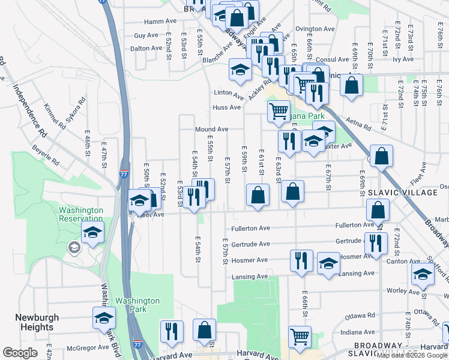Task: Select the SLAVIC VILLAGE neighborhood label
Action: (x=403, y=193)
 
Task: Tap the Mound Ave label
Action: (x=211, y=129)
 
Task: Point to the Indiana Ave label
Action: (x=357, y=332)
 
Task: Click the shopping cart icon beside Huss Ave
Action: (x=279, y=111)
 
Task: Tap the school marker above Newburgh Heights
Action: (x=104, y=317)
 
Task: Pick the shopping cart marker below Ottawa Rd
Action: (x=300, y=336)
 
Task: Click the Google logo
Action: (x=20, y=353)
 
